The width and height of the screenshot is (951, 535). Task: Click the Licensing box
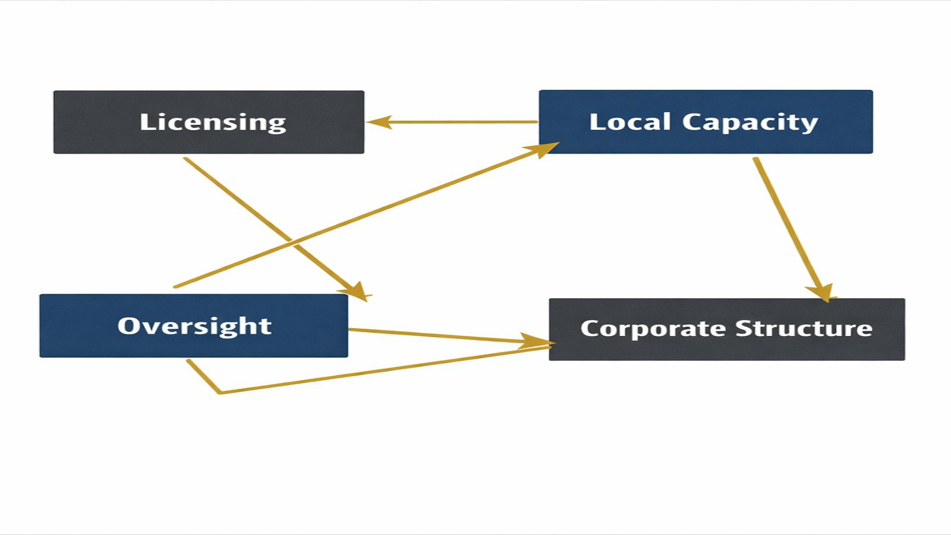click(x=209, y=122)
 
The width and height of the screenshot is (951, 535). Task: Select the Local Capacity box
click(x=706, y=122)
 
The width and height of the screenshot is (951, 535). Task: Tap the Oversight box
click(x=194, y=326)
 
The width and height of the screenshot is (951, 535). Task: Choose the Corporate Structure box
click(x=726, y=329)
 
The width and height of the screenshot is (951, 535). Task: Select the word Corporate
click(x=653, y=329)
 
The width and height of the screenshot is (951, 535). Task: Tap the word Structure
click(x=804, y=328)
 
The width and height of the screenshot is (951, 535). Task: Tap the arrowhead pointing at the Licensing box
click(x=378, y=122)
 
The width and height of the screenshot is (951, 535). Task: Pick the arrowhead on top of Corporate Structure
click(x=822, y=292)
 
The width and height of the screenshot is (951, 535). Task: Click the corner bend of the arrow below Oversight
click(x=220, y=392)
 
